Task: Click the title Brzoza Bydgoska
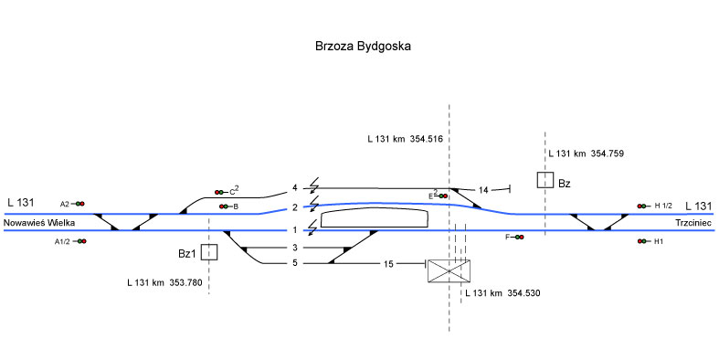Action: (x=363, y=47)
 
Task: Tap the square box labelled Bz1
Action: (x=209, y=252)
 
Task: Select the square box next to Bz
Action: (x=545, y=180)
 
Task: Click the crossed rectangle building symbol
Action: (x=449, y=270)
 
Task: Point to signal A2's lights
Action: (x=80, y=204)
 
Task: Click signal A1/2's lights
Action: (x=81, y=241)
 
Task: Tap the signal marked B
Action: (x=224, y=206)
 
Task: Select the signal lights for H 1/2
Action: (x=641, y=206)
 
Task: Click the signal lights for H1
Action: (x=641, y=241)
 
